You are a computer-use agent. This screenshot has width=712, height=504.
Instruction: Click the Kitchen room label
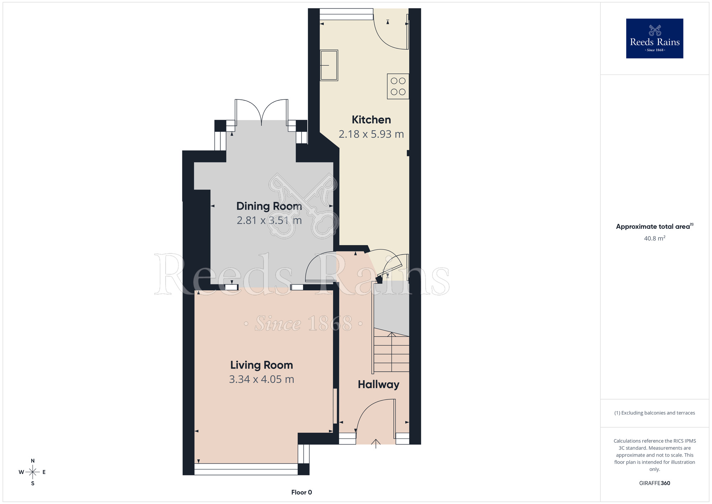[371, 120]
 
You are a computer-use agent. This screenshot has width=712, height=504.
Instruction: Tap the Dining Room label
[269, 206]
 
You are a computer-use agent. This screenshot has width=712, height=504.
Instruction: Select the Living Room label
[261, 365]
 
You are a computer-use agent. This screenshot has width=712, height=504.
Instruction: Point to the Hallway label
[378, 384]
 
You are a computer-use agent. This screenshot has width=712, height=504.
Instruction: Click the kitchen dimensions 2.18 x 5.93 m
[371, 134]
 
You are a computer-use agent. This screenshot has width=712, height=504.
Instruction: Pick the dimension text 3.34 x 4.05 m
[261, 379]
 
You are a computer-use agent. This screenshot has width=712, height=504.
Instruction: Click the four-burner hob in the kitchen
[398, 86]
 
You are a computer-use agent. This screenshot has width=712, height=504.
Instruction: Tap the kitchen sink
[329, 65]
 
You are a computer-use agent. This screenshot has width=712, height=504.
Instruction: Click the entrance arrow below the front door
[376, 444]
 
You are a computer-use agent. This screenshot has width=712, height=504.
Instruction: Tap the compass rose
[32, 472]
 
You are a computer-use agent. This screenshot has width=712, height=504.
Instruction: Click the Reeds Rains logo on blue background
[654, 38]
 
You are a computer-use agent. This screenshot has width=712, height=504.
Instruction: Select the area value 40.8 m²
[654, 238]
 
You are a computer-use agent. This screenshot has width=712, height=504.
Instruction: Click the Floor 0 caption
[302, 492]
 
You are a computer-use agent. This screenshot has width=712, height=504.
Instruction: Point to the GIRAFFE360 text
[654, 483]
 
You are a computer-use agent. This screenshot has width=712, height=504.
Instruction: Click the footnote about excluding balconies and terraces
[654, 413]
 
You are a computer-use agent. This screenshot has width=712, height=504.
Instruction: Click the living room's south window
[246, 469]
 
